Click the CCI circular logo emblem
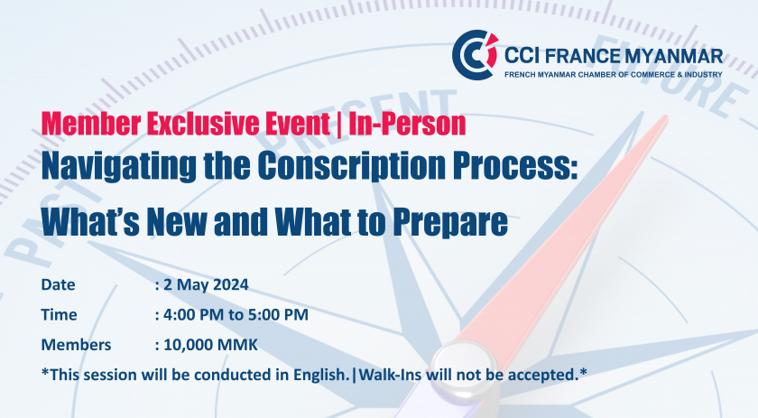coord(475,55)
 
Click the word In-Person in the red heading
coord(407,124)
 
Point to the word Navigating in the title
coord(119,166)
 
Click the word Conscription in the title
coord(351,166)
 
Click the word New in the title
coord(177,221)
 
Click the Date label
coord(58,284)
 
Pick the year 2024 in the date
coord(231,284)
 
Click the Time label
coord(59,314)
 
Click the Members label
coord(77,345)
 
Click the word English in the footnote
coord(320,376)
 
